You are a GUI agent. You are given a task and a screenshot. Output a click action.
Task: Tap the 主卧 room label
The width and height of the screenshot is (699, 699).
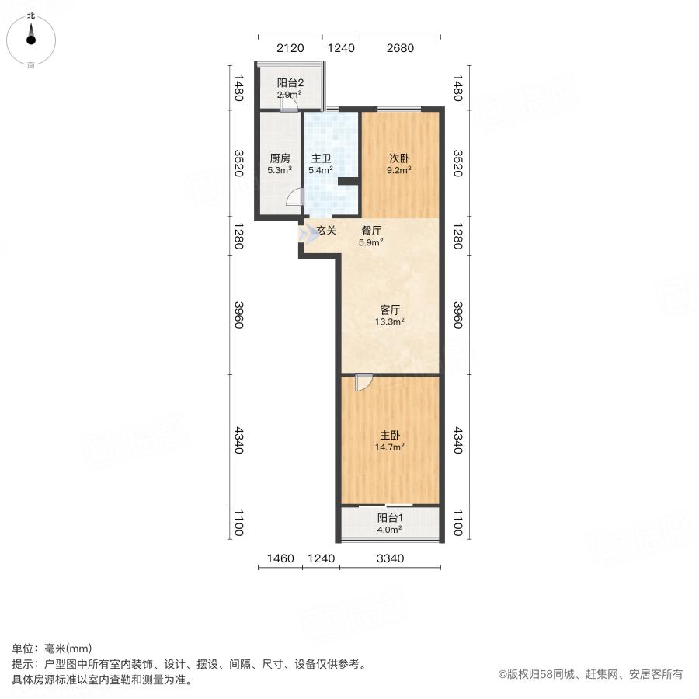(390, 436)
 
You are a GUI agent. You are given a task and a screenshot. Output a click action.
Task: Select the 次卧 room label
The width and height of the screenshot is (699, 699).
(400, 158)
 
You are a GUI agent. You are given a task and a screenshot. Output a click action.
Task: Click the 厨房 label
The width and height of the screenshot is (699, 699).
(280, 158)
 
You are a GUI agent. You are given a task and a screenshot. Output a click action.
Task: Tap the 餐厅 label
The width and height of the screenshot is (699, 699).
(371, 231)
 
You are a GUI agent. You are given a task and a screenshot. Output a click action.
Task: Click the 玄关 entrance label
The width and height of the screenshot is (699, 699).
(326, 231)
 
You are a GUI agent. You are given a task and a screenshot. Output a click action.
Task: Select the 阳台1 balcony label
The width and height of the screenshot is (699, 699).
(390, 518)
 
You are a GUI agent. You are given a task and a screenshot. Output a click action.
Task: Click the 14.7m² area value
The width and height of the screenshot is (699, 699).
(390, 447)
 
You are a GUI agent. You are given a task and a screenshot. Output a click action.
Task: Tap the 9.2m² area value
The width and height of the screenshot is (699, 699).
(400, 169)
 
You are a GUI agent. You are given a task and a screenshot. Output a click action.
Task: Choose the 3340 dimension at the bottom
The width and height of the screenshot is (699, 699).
(390, 558)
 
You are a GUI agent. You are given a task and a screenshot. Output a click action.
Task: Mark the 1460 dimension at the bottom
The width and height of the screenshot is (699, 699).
(280, 558)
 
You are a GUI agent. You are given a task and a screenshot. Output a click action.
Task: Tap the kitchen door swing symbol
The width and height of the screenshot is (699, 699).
(294, 198)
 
